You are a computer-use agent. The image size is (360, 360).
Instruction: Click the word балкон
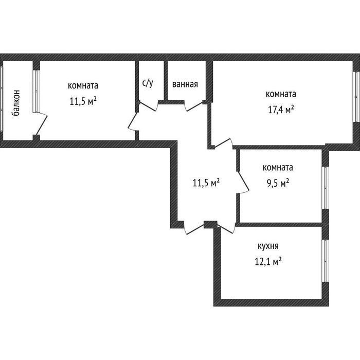(15, 103)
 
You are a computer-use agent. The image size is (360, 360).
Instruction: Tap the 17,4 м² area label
(281, 110)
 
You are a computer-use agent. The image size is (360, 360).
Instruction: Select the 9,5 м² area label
(278, 183)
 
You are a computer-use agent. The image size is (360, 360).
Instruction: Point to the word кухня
(268, 246)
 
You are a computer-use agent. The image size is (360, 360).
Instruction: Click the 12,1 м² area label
(268, 261)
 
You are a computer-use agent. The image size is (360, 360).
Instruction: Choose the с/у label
(148, 83)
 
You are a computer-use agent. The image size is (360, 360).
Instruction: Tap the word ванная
(185, 84)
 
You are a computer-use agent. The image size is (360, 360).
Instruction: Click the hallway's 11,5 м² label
(206, 183)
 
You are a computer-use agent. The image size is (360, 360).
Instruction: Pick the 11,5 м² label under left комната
(83, 101)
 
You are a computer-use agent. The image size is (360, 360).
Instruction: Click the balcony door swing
(41, 123)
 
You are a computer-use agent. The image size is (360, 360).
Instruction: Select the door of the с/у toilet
(149, 106)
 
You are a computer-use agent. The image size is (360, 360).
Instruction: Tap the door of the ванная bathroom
(194, 106)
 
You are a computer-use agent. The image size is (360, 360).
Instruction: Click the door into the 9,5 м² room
(243, 183)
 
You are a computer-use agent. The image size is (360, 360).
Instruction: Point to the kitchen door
(227, 228)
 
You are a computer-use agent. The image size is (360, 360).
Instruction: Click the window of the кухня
(326, 261)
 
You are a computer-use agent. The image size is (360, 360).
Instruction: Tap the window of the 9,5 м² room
(326, 188)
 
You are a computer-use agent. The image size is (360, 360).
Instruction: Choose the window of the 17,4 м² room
(356, 97)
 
